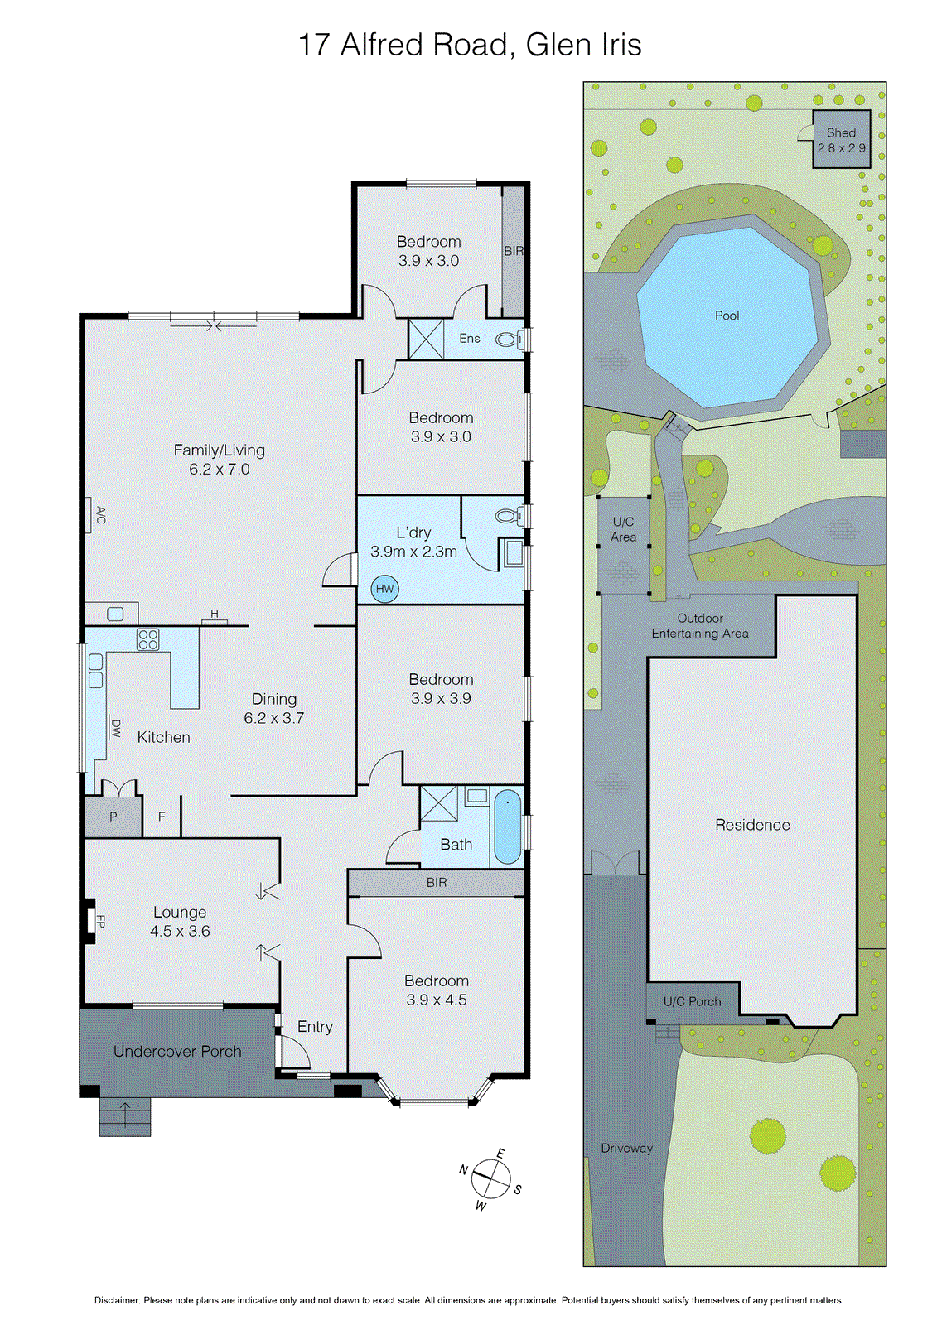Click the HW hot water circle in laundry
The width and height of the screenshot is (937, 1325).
(x=384, y=589)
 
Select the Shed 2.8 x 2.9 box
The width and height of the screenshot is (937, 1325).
(x=841, y=140)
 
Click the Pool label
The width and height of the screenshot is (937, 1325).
(x=727, y=316)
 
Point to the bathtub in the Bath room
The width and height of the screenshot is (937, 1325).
(x=507, y=826)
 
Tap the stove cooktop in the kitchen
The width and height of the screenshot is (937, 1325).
(x=148, y=639)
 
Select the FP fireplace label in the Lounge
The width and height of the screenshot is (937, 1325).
(x=100, y=921)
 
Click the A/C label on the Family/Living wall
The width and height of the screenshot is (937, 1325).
(x=100, y=515)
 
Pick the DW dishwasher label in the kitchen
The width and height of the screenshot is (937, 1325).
(x=116, y=729)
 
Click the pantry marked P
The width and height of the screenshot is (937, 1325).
(x=114, y=817)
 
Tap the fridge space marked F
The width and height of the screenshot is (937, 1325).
(x=162, y=817)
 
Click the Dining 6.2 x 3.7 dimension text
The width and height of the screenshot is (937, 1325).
(x=274, y=718)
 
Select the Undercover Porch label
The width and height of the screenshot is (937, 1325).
(x=177, y=1051)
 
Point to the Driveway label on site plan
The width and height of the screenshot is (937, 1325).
(x=626, y=1148)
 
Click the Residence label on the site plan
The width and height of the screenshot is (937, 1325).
(x=752, y=825)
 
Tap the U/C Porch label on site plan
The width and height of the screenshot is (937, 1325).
(x=692, y=1001)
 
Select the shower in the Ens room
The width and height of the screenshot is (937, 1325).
(x=426, y=339)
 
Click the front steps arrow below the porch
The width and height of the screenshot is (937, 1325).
(x=125, y=1115)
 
